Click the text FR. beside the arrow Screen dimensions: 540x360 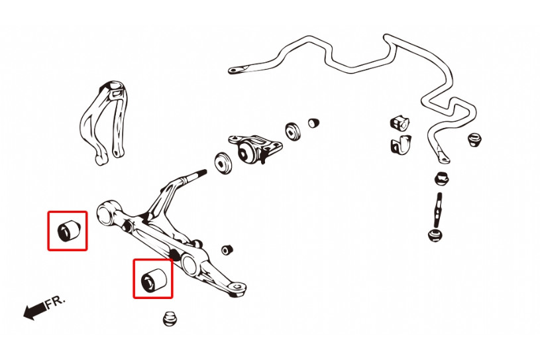[x=55, y=302]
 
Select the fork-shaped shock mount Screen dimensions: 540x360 [x=103, y=122]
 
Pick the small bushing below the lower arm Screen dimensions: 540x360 [x=168, y=319]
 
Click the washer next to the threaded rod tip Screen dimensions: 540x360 [x=223, y=163]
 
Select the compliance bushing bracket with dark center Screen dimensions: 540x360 [x=255, y=149]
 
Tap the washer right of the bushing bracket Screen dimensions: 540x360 [x=293, y=131]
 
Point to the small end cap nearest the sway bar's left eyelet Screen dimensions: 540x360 [x=313, y=123]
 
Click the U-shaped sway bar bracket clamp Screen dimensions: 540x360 [x=401, y=145]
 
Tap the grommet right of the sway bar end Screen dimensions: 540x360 [x=474, y=139]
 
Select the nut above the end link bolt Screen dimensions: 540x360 [x=441, y=178]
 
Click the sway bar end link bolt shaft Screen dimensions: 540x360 [x=439, y=210]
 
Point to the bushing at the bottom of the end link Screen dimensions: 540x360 [x=435, y=235]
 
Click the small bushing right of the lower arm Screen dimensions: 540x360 [x=227, y=250]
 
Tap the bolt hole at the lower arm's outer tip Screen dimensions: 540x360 [x=237, y=286]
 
